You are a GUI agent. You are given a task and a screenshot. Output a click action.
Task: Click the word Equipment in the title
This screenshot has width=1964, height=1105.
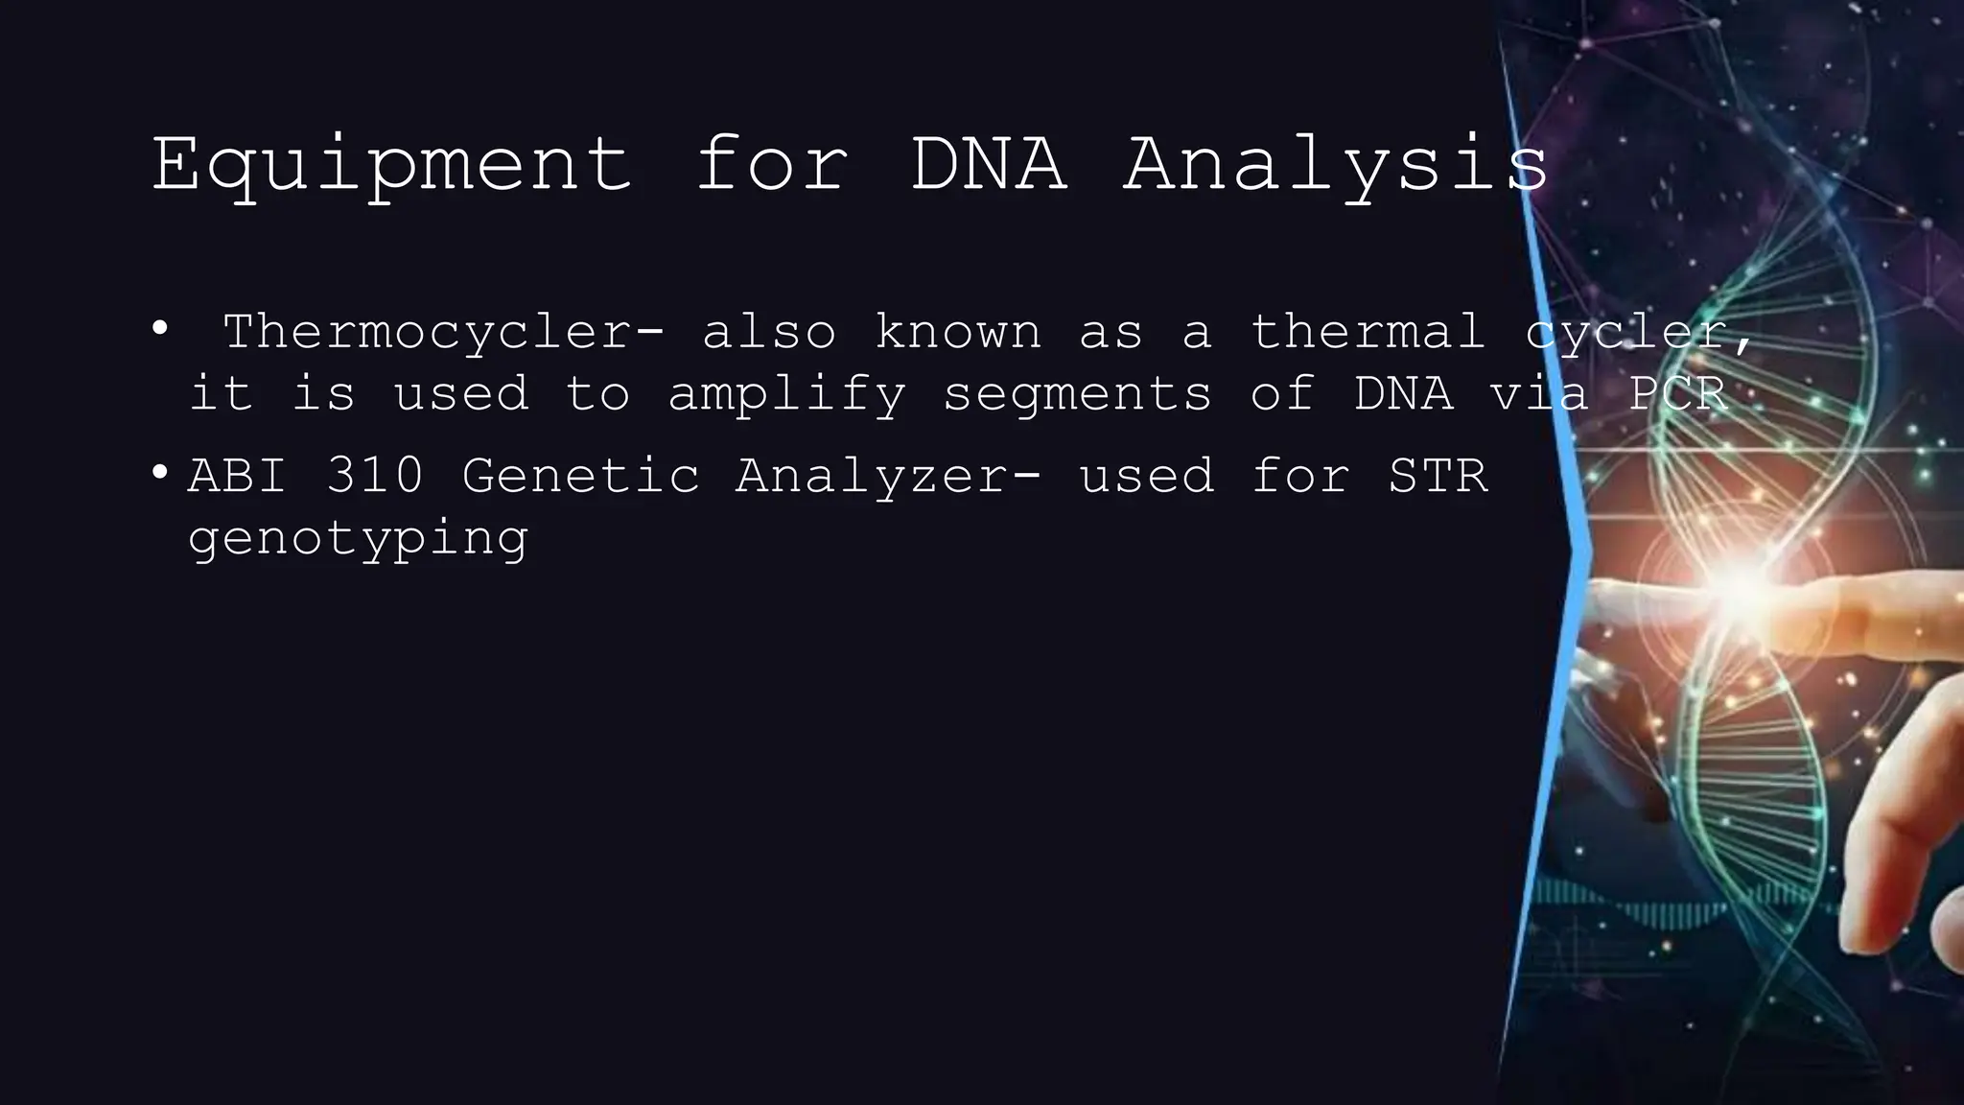[x=391, y=165]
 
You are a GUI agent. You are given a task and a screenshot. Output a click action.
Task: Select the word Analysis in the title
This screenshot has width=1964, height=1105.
[x=1336, y=165]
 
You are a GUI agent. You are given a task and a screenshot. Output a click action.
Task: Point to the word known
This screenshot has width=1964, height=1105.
[x=958, y=332]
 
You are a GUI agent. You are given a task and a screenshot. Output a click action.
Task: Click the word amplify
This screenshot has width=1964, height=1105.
[x=787, y=395]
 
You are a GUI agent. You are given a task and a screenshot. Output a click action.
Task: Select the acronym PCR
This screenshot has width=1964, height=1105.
[x=1679, y=393]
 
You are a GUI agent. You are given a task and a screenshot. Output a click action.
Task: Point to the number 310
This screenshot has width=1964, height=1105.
[x=375, y=475]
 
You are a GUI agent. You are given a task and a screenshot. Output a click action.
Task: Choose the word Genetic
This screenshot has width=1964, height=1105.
[x=580, y=475]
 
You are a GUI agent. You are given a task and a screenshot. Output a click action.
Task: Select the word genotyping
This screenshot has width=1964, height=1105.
[x=358, y=540]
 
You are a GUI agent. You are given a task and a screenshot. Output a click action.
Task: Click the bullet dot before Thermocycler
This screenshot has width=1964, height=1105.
[x=159, y=329]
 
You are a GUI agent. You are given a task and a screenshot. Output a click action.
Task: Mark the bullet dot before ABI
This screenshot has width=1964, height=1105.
[x=159, y=472]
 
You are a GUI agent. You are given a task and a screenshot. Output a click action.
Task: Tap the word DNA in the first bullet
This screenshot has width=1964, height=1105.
[x=1403, y=393]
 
